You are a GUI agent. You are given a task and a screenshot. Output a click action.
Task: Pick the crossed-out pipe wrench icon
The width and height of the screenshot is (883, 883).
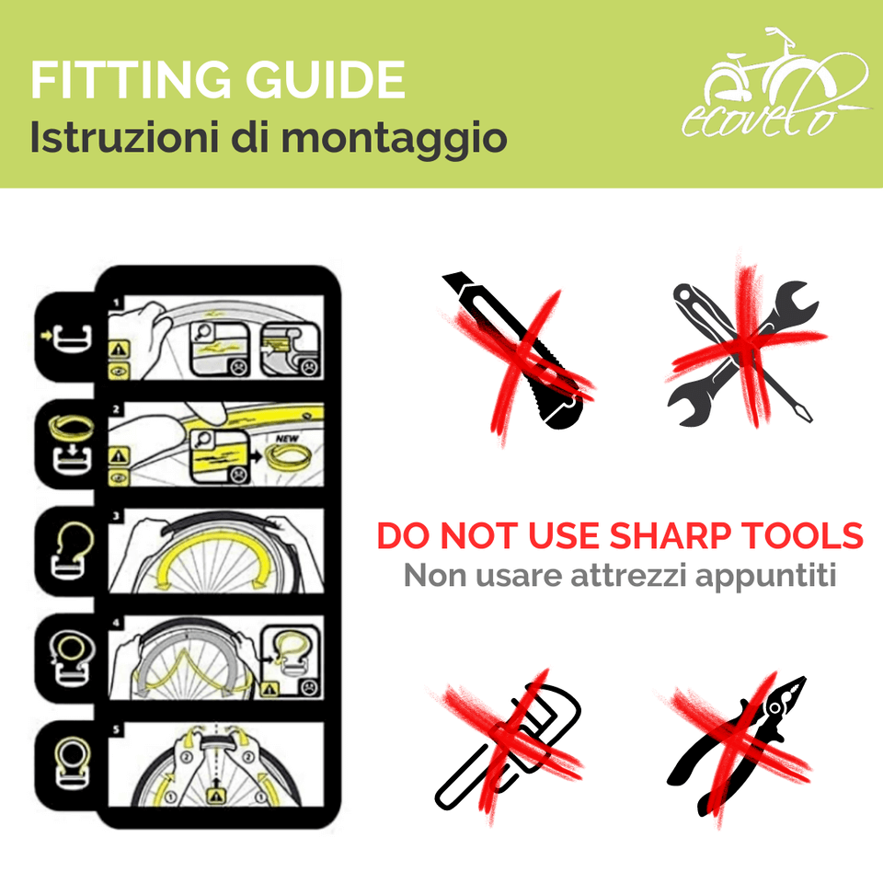(508, 745)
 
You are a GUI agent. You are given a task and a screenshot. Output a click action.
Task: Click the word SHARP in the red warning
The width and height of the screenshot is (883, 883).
(678, 535)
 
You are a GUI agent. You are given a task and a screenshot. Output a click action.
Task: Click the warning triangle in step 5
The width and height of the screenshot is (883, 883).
(218, 795)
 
